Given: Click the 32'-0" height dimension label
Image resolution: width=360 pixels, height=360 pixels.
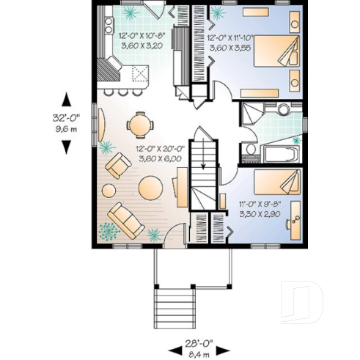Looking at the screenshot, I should [66, 115].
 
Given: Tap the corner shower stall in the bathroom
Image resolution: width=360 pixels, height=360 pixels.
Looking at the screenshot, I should [253, 114].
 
